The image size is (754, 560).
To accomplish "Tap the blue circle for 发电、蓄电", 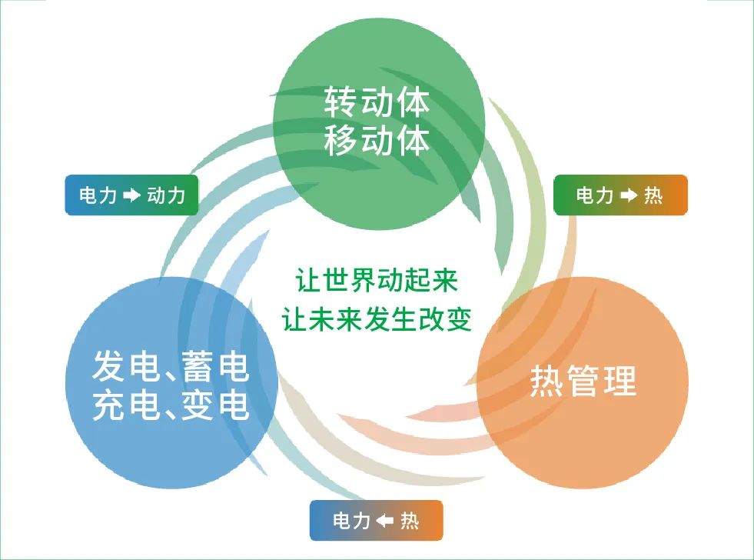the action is point(171,383).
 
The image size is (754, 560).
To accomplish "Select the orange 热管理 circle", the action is point(583,383).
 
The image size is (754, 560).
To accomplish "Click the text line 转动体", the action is point(377,102).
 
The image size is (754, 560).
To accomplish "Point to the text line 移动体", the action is point(377,140).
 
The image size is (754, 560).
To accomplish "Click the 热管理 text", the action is point(583,380).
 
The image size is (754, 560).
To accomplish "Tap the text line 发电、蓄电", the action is point(171,367).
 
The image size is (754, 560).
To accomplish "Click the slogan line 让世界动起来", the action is point(377,280).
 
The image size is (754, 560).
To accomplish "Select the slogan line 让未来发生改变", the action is point(377,319).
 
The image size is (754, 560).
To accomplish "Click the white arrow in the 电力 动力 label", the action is point(131,195).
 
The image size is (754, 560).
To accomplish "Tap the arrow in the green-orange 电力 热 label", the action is point(629,195).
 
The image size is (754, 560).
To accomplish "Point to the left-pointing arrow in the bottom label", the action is point(385,521).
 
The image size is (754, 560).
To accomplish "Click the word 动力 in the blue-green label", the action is point(166,195).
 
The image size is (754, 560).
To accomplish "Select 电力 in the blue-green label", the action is point(98,195).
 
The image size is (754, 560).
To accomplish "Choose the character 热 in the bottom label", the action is point(410,521).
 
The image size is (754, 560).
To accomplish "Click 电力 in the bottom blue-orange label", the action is point(351,521).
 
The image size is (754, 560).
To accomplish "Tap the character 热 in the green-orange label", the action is point(653,195).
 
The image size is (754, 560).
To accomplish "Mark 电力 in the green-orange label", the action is point(596,195).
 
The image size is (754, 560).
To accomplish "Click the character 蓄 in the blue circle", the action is point(194,367).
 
